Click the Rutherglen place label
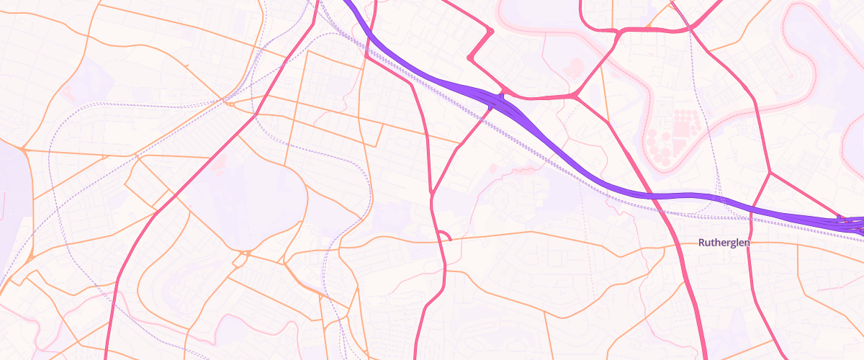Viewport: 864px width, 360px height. pos(724,243)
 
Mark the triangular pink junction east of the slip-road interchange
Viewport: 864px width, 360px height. pos(575,95)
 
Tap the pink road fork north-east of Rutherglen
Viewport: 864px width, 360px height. pos(770,173)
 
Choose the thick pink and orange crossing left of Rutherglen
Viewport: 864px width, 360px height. pos(680,245)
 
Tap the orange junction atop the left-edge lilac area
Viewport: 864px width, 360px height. pos(24,150)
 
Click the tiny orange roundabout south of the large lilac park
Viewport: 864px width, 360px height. pos(247,253)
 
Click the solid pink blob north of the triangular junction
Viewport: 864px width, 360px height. pos(574,68)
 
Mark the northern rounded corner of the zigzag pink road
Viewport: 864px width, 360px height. pos(490,32)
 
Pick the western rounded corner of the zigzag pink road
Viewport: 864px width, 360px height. pos(470,58)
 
